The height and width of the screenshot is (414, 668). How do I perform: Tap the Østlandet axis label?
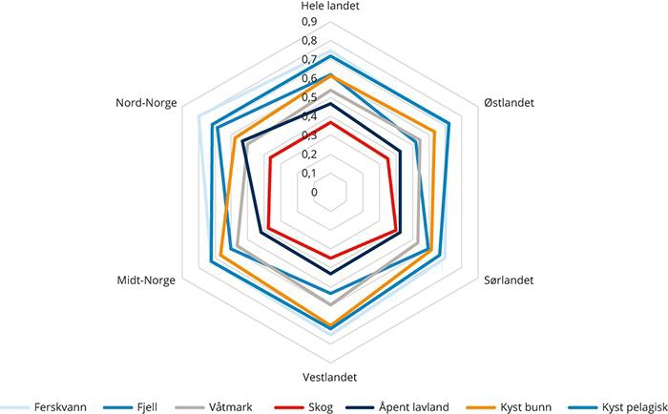pos(510,102)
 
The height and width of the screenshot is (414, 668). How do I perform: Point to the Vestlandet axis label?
pos(330,376)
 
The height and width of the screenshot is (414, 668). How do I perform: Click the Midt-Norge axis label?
pos(146,280)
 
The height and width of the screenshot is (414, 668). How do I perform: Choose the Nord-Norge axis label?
pos(146,102)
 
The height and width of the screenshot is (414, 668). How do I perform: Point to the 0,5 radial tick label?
pos(309,98)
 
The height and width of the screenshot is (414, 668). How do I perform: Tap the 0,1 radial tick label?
pos(309,173)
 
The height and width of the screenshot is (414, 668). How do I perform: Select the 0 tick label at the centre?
pos(314,192)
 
